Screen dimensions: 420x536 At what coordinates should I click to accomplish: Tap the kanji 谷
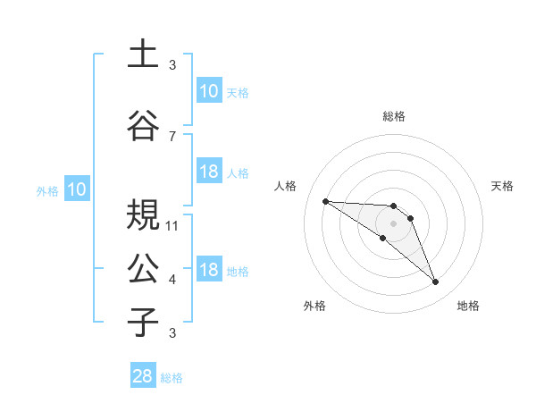click(143, 125)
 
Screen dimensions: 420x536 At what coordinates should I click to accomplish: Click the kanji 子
click(143, 323)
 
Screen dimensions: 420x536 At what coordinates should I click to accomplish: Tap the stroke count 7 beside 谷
click(172, 136)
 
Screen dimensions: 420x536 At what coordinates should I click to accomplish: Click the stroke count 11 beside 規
click(172, 225)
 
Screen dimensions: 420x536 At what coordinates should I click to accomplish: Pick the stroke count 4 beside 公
click(172, 280)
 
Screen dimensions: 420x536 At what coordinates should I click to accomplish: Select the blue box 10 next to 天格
click(208, 91)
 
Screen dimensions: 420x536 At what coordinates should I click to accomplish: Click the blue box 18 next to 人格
click(208, 172)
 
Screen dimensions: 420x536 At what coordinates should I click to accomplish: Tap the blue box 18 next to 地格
click(208, 270)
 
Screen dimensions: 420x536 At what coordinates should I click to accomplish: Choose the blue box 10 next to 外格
click(76, 189)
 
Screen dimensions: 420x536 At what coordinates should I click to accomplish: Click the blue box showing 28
click(142, 376)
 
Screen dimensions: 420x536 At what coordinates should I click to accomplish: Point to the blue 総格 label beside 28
click(172, 378)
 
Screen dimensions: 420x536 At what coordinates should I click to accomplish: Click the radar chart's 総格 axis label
click(394, 116)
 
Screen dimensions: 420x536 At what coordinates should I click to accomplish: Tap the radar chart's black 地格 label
click(468, 306)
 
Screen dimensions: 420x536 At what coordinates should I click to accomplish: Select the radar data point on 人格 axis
click(325, 201)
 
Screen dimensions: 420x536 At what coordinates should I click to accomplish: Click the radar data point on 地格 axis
click(436, 282)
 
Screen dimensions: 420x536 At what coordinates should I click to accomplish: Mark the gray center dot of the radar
click(394, 223)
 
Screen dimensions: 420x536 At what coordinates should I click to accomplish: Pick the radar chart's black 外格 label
click(314, 306)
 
